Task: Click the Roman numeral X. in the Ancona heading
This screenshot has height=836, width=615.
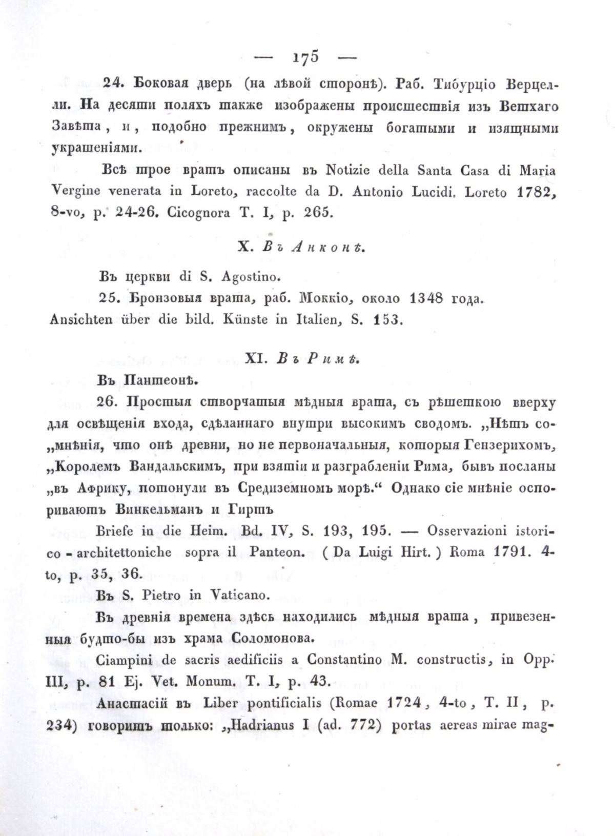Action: [x=243, y=248]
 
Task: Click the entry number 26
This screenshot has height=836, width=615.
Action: [x=108, y=402]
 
